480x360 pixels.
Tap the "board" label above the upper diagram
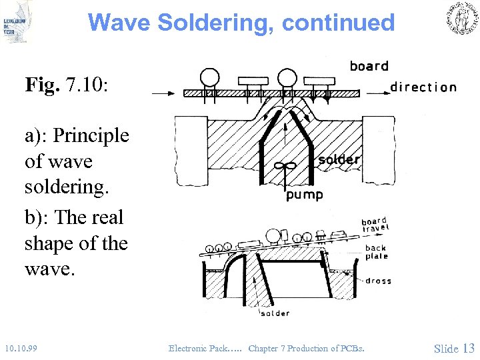coord(369,66)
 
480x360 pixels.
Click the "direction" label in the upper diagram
coord(423,87)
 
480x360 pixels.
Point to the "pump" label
coord(304,195)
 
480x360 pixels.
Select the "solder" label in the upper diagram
coord(339,160)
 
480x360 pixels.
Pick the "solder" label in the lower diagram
coord(275,313)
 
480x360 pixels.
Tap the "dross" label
coord(378,281)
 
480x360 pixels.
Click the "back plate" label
coord(375,252)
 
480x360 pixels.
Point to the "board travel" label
coord(375,225)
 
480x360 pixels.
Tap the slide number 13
coord(468,348)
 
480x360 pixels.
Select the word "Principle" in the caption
coord(91,136)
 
